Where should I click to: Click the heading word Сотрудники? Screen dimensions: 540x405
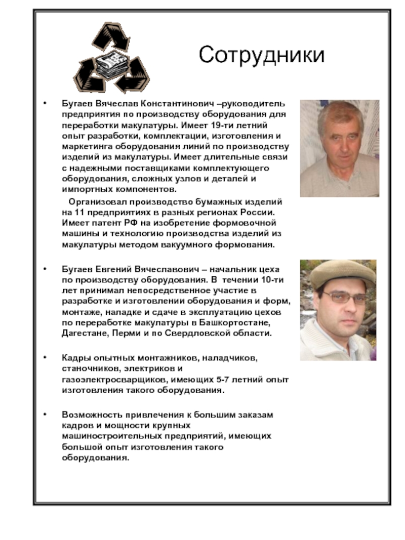coord(261,55)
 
